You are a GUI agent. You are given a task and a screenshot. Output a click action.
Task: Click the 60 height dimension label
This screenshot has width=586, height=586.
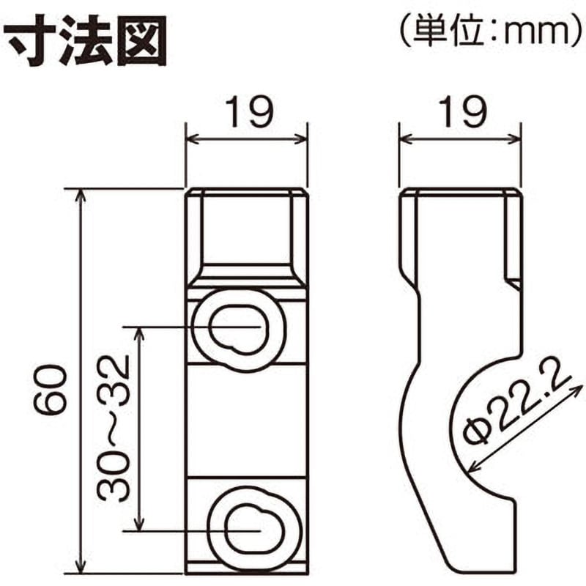pos(51,390)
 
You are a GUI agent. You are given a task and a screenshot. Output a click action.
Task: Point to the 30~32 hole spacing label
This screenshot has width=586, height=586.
pos(113,429)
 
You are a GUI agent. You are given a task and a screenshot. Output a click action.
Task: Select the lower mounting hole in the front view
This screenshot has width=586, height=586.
pos(254,530)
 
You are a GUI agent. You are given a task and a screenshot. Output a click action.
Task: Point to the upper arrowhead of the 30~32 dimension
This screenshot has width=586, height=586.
pos(139,333)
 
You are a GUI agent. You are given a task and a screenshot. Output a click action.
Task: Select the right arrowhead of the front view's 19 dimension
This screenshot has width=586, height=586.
pos(302,139)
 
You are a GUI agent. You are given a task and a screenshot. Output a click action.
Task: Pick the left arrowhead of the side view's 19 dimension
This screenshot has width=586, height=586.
pos(405,139)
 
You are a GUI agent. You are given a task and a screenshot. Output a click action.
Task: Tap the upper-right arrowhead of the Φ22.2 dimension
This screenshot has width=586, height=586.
pos(579,389)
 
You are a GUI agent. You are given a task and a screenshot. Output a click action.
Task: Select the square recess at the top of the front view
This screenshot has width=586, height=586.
pos(247,229)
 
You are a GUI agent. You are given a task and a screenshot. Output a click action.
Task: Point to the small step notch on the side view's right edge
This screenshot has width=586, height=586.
pos(513,283)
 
